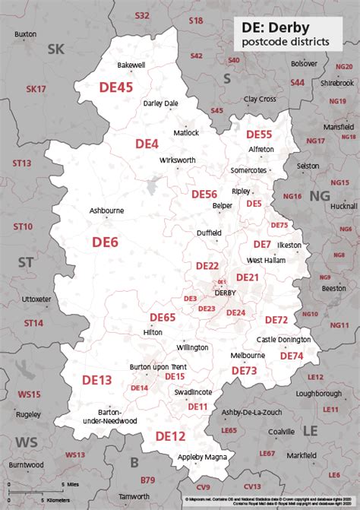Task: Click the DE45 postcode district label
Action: click(x=116, y=87)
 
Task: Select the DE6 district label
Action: click(x=105, y=242)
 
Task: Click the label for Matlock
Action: click(x=186, y=132)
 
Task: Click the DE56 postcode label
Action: click(x=204, y=194)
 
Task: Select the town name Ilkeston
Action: click(x=290, y=245)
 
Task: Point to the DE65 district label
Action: click(x=163, y=317)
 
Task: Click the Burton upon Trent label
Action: click(x=159, y=367)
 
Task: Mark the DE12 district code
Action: click(x=170, y=436)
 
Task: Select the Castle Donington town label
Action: click(x=283, y=339)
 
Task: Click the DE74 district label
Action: click(x=292, y=356)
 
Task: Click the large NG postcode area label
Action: click(x=320, y=196)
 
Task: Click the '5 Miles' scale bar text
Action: click(x=70, y=483)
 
